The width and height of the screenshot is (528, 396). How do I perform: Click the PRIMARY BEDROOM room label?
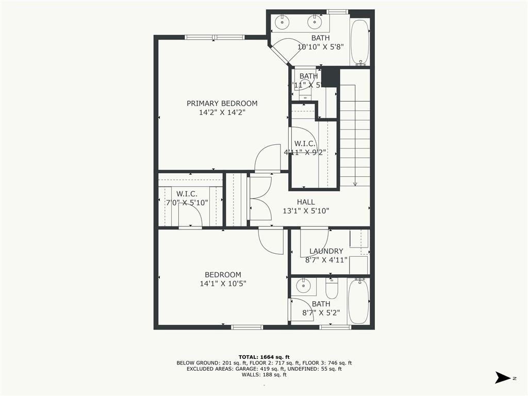[222, 103]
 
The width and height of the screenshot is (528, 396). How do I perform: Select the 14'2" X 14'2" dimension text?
[222, 112]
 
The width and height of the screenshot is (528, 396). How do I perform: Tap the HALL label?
[305, 202]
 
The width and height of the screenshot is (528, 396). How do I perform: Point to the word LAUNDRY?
[326, 251]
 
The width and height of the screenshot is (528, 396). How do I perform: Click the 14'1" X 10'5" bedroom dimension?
[222, 284]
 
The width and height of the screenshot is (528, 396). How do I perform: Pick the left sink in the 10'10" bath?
[282, 22]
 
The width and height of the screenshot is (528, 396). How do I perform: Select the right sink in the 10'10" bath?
[313, 22]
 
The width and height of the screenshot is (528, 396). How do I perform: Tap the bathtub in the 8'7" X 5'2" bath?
[358, 301]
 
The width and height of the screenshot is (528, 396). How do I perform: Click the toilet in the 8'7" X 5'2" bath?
[332, 289]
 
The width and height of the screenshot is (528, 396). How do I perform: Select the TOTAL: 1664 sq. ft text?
[264, 357]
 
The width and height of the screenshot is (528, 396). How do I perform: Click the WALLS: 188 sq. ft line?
[264, 375]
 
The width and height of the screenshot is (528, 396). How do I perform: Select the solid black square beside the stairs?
[330, 77]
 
